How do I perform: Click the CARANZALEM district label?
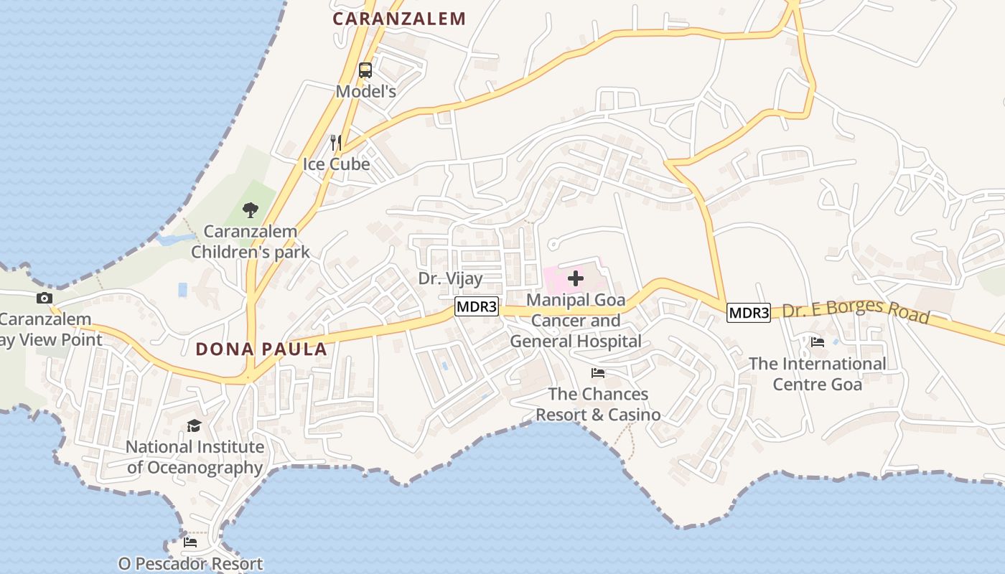[399, 19]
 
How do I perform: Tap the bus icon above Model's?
[365, 70]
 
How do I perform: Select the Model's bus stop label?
[366, 92]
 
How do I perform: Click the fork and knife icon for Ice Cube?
[335, 142]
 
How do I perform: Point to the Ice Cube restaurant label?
[336, 164]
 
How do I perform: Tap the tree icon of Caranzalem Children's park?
[251, 210]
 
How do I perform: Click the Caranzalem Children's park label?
[251, 242]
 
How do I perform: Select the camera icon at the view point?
[45, 298]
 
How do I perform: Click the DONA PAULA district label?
[261, 349]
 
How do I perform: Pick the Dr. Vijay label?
[451, 278]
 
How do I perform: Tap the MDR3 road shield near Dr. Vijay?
[477, 307]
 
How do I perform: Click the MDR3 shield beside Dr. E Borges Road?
[749, 313]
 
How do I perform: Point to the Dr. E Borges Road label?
[856, 313]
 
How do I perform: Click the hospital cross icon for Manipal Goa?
[576, 278]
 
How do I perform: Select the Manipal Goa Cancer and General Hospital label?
[576, 320]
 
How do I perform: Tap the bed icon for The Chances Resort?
[598, 373]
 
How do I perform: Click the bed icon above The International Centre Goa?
[818, 342]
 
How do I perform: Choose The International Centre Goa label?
[818, 374]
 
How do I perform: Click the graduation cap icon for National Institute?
[195, 426]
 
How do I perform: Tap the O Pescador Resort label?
[191, 564]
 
